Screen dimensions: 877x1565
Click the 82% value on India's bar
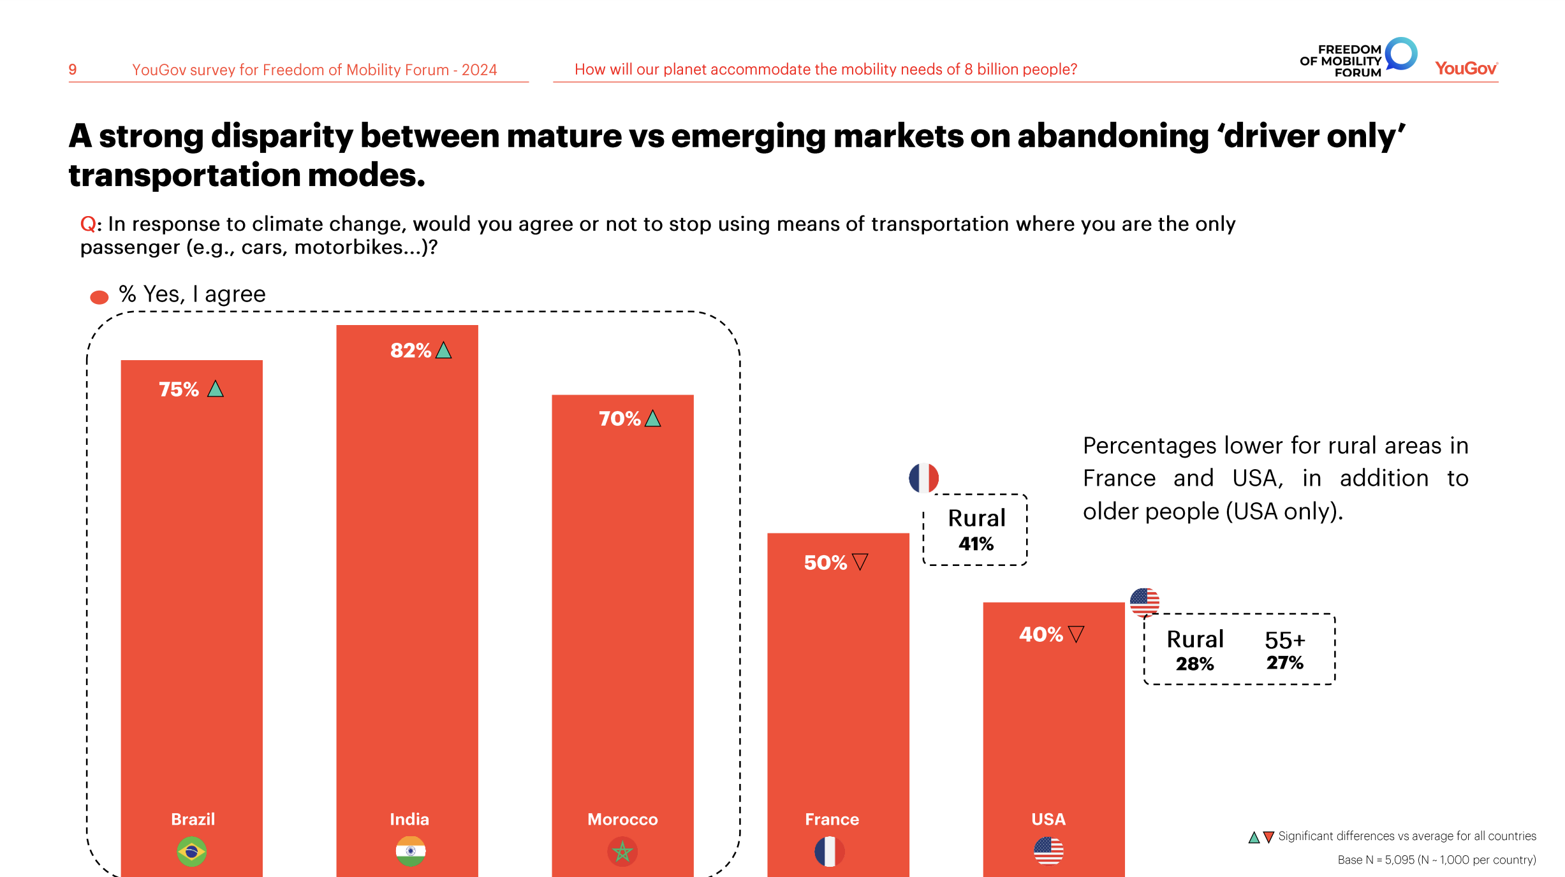point(411,351)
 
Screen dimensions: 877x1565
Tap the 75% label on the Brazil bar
point(179,389)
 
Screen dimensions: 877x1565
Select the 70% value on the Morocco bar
point(619,419)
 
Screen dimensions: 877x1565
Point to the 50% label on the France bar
point(825,563)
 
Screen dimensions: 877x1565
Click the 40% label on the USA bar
point(1041,634)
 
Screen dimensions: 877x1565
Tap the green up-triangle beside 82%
point(444,351)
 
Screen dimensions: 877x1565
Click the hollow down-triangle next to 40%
point(1076,634)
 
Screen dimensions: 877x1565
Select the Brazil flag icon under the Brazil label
point(191,852)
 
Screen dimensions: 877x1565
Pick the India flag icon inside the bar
point(411,852)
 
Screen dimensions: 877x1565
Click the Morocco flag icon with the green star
point(622,852)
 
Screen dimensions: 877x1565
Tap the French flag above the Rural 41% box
point(923,478)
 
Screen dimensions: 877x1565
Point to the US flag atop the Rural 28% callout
point(1145,602)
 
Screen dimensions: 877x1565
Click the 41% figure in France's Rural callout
point(976,544)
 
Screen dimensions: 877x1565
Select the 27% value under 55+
point(1285,663)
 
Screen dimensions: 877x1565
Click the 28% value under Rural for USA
point(1194,664)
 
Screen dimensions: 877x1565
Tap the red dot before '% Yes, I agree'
point(99,297)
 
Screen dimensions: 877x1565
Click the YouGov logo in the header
point(1466,69)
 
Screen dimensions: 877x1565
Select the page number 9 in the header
point(73,69)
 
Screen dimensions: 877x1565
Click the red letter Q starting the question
point(88,224)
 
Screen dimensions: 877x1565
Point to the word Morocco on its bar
point(622,819)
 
